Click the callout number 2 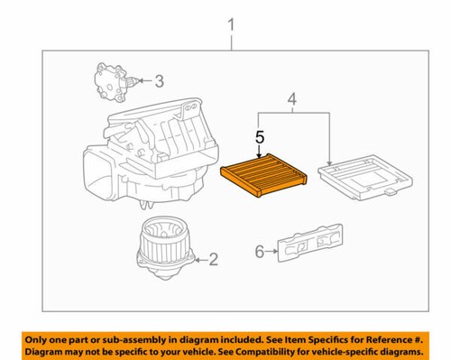click(x=214, y=261)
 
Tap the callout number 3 click(x=159, y=82)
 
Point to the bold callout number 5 click(x=260, y=139)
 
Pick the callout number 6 click(x=260, y=252)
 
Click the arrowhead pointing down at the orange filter click(x=260, y=154)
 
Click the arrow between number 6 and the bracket click(x=272, y=252)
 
